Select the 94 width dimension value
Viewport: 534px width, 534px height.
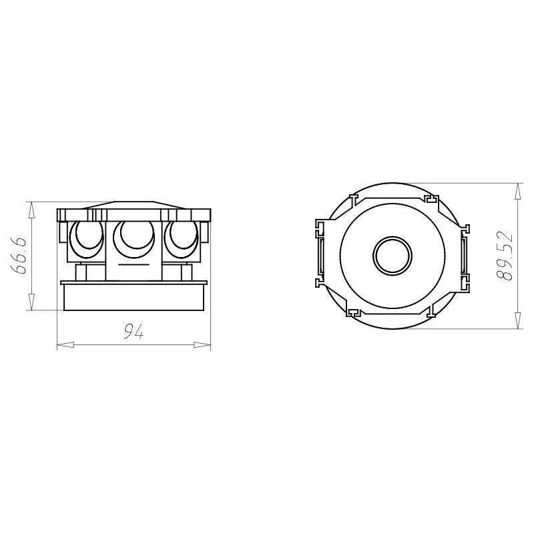(x=134, y=331)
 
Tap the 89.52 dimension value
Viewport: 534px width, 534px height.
(x=505, y=256)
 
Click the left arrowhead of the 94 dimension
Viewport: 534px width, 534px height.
(x=65, y=344)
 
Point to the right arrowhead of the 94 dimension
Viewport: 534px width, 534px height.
(x=202, y=344)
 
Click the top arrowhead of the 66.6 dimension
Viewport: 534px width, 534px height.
(x=31, y=210)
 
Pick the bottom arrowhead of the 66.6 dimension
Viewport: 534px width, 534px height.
(x=31, y=302)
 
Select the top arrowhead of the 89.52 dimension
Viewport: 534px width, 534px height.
(x=518, y=192)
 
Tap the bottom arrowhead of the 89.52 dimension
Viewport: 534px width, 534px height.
(x=518, y=320)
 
